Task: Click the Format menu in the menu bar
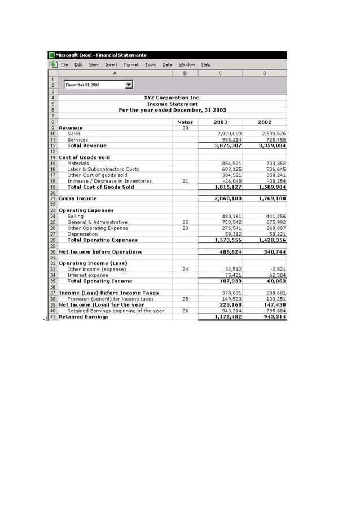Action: [131, 64]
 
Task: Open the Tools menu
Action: [150, 64]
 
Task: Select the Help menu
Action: [206, 64]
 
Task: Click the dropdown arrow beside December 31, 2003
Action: [129, 85]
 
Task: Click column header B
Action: [185, 73]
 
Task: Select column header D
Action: [265, 73]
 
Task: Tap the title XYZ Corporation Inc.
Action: [172, 98]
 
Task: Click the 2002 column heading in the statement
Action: [265, 122]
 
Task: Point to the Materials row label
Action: [78, 164]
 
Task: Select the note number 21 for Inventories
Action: [185, 181]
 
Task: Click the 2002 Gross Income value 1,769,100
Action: [272, 198]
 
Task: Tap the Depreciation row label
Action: [82, 234]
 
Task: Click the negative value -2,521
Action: [278, 270]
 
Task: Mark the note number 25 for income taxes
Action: [185, 299]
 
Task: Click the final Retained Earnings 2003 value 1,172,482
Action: [228, 317]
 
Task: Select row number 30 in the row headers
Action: [52, 252]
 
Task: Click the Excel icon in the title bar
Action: [51, 55]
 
